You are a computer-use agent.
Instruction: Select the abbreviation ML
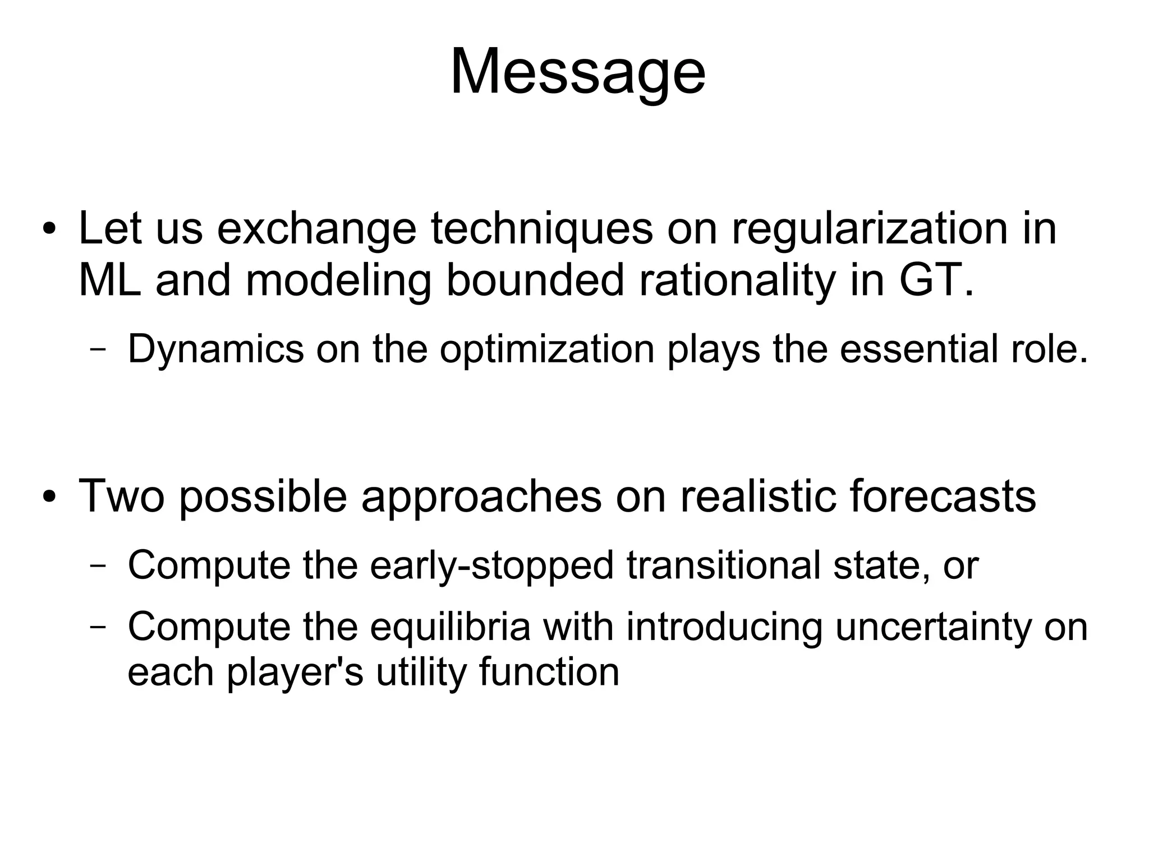110,280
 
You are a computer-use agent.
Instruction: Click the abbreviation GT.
935,280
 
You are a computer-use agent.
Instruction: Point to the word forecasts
942,496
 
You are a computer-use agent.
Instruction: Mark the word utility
421,672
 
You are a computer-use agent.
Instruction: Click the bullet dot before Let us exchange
49,230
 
